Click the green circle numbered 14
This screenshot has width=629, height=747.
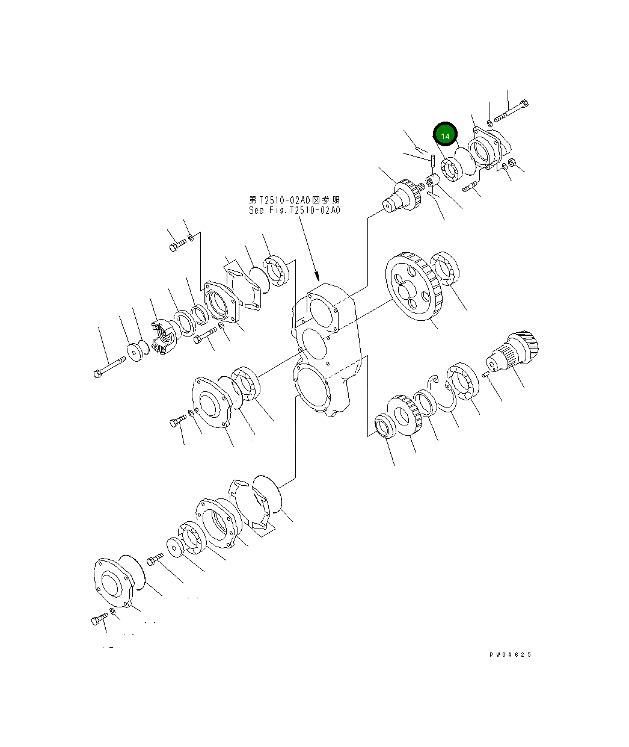[x=445, y=136]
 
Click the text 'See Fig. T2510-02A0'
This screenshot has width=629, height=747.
[x=294, y=211]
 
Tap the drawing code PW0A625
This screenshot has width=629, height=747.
[x=510, y=655]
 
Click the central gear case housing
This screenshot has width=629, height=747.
[x=325, y=349]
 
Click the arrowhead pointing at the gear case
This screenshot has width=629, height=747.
[x=316, y=277]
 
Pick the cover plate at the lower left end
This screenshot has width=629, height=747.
[x=112, y=581]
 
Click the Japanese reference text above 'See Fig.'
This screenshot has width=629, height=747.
[x=294, y=199]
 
